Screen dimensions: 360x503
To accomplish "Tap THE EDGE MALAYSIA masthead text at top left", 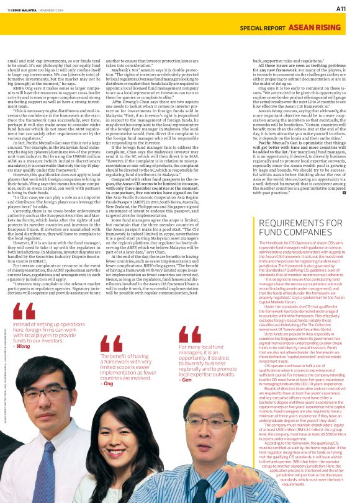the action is click(x=22, y=7).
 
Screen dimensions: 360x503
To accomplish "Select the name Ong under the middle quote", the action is click(x=109, y=384).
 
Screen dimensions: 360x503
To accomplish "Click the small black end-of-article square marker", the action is click(x=344, y=193).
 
